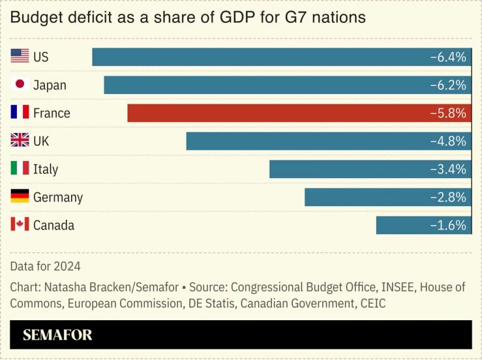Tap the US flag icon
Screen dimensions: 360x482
tap(20, 57)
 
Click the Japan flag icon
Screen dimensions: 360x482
tap(20, 84)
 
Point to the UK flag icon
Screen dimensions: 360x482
tap(20, 140)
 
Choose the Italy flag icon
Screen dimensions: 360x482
tap(20, 168)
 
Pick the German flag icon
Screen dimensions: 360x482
tap(20, 196)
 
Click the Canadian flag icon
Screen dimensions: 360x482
tap(20, 224)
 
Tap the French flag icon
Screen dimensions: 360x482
tap(20, 112)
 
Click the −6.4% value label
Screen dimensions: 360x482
tap(448, 57)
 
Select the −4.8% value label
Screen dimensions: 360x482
tap(448, 142)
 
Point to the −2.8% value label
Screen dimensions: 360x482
tap(448, 198)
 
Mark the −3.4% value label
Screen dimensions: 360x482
tap(448, 170)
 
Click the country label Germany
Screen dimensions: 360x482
tap(58, 198)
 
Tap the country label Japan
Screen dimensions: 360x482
tap(50, 85)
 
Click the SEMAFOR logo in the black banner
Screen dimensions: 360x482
tap(57, 335)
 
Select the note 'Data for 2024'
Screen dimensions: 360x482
tap(45, 266)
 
